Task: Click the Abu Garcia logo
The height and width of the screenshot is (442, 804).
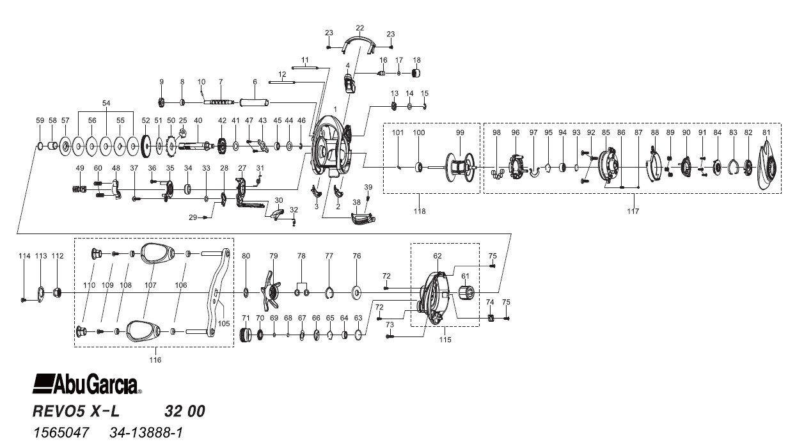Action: click(x=87, y=384)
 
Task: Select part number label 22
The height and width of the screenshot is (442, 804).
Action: click(x=359, y=28)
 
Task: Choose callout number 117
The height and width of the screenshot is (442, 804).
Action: click(x=633, y=211)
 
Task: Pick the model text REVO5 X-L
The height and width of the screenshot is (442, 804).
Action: click(x=76, y=411)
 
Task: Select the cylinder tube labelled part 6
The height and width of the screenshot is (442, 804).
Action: click(x=255, y=102)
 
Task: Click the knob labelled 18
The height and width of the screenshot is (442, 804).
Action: click(x=416, y=73)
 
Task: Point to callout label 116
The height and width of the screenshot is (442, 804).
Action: click(x=155, y=359)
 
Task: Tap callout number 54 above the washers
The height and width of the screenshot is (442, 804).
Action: click(x=106, y=102)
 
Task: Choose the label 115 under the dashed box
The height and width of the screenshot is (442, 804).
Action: click(x=445, y=340)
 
